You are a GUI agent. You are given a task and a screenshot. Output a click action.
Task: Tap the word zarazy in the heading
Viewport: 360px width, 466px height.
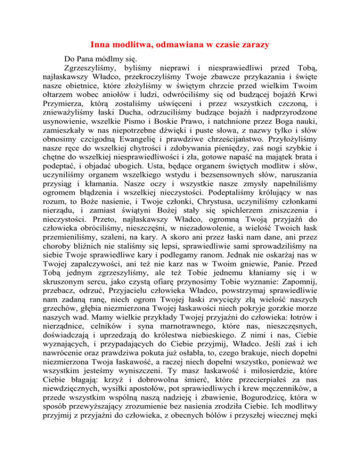(252, 45)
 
